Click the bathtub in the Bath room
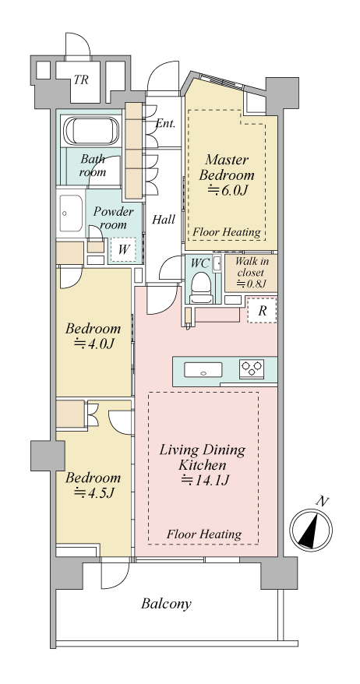click(x=90, y=131)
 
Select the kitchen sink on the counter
click(x=203, y=370)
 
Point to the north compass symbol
click(x=311, y=529)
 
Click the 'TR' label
click(x=81, y=79)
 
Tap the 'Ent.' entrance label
click(x=166, y=123)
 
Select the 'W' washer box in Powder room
click(x=123, y=250)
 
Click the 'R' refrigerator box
click(x=262, y=311)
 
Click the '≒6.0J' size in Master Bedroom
click(x=227, y=190)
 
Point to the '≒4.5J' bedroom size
click(x=94, y=493)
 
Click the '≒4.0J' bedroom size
click(x=94, y=344)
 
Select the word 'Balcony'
click(x=166, y=605)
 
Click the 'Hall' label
click(x=164, y=220)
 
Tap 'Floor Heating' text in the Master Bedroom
click(x=227, y=232)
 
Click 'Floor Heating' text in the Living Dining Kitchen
click(x=204, y=534)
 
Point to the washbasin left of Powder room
click(x=70, y=213)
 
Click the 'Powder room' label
click(x=114, y=218)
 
